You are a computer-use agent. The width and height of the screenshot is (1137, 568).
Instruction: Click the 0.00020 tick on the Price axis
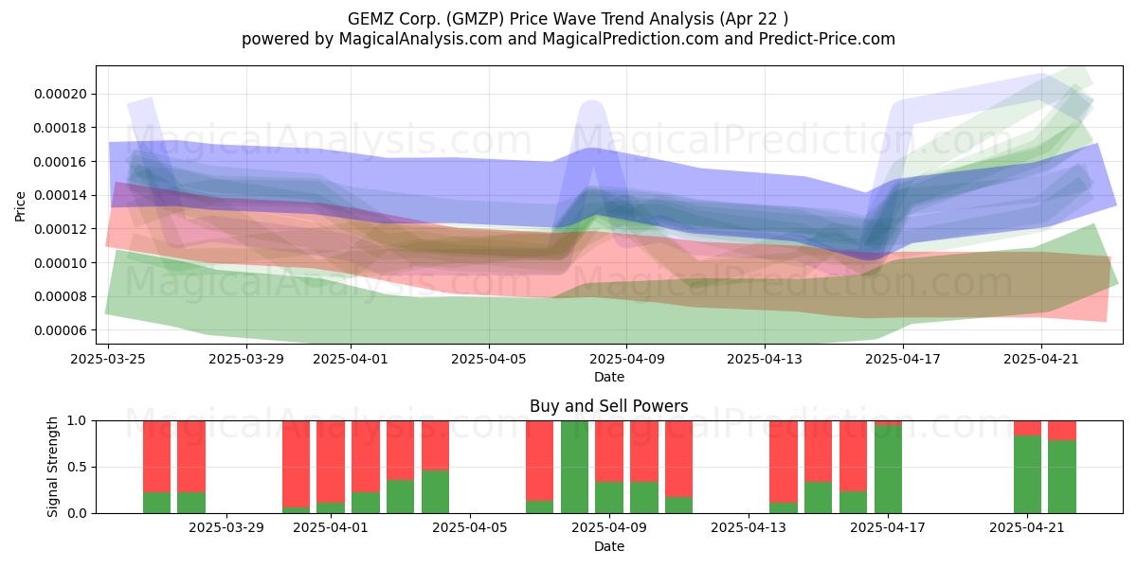(x=61, y=94)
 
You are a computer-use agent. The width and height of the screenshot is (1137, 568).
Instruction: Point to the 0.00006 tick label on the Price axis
(x=61, y=330)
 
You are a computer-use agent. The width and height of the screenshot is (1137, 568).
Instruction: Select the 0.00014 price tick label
(x=61, y=195)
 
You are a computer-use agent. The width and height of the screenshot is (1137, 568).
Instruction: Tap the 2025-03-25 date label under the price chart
(x=108, y=359)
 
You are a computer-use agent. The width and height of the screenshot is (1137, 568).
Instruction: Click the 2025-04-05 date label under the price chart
(x=489, y=359)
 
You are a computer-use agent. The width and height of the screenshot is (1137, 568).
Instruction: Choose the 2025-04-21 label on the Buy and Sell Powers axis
(x=1027, y=527)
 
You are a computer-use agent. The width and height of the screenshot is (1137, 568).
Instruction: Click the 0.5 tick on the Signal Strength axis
(x=78, y=467)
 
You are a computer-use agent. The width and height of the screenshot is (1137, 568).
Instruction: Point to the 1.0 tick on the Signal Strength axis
(x=78, y=421)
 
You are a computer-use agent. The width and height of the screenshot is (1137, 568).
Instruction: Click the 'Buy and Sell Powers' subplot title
(x=608, y=406)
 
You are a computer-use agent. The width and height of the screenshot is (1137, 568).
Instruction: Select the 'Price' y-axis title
(x=20, y=206)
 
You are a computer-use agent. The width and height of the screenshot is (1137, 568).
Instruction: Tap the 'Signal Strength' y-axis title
(x=52, y=467)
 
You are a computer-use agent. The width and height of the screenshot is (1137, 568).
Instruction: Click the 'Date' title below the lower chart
(x=609, y=546)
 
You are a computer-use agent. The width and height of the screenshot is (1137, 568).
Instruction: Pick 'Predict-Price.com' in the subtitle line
(x=827, y=39)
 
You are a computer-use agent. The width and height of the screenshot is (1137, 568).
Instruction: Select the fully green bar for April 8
(x=574, y=467)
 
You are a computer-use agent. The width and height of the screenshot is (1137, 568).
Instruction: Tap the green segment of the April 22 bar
(x=1062, y=477)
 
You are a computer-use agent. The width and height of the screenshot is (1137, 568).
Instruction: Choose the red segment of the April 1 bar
(x=331, y=462)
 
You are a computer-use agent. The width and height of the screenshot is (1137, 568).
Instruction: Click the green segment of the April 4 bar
(x=435, y=492)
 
